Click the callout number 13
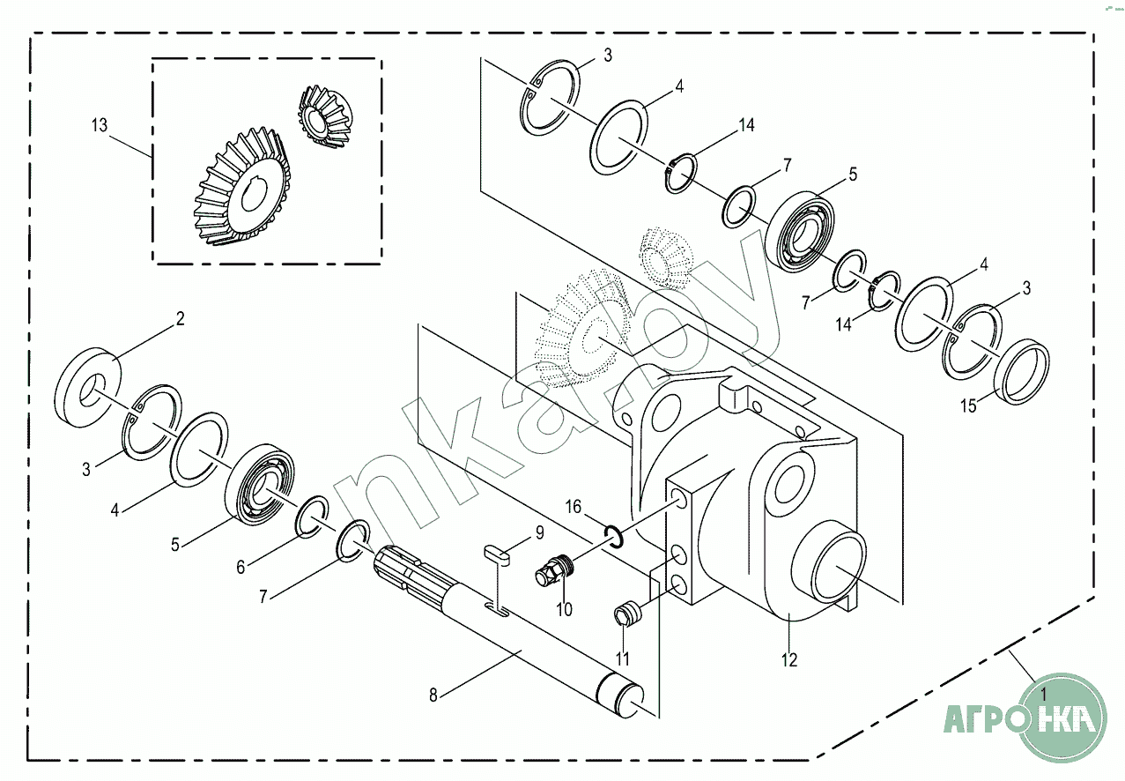(x=99, y=126)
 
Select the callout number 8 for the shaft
(x=433, y=695)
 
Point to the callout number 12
(x=788, y=659)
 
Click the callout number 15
(x=968, y=406)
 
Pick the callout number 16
(x=574, y=507)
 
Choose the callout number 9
(x=540, y=533)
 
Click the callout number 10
(x=564, y=608)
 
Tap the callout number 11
(x=623, y=658)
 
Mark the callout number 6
(x=241, y=568)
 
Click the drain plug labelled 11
(x=628, y=614)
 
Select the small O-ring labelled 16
(x=615, y=535)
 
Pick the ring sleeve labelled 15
(x=1021, y=371)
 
